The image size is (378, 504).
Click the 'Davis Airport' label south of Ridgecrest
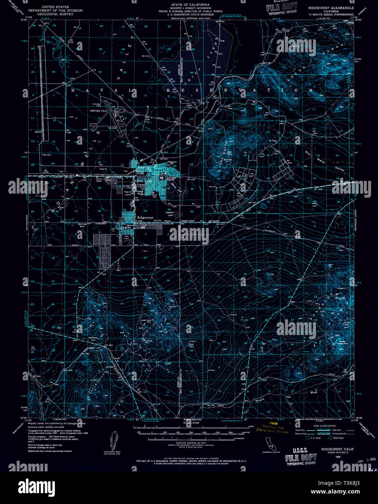tap(127, 237)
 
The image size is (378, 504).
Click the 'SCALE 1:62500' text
tap(188, 424)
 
